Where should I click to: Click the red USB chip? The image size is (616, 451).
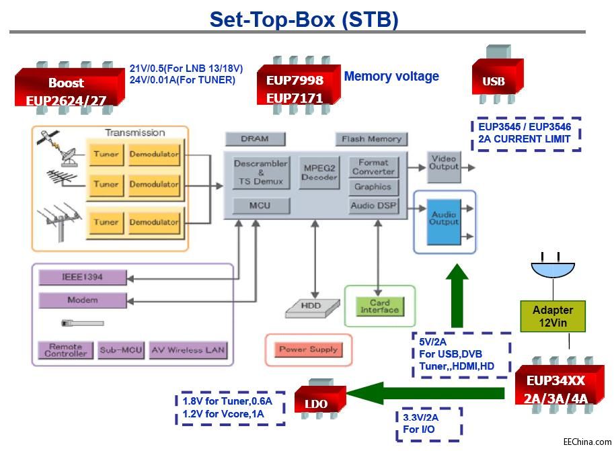click(497, 81)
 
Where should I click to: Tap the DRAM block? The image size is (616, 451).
click(254, 139)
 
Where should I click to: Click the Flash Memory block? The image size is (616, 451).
click(371, 139)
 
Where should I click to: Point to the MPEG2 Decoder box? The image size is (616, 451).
click(320, 173)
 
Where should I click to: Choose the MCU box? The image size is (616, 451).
click(261, 205)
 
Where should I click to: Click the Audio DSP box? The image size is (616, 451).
click(373, 206)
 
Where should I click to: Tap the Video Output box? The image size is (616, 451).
click(444, 167)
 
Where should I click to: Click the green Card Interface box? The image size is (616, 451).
click(379, 306)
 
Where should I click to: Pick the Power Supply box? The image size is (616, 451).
click(309, 350)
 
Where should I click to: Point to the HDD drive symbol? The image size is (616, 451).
click(310, 307)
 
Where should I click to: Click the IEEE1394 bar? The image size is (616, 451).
click(82, 277)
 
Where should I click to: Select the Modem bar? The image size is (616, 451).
click(82, 300)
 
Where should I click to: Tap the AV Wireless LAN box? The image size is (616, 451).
click(188, 350)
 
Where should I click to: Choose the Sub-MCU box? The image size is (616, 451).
click(121, 350)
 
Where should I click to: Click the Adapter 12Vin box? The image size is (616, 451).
click(552, 315)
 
